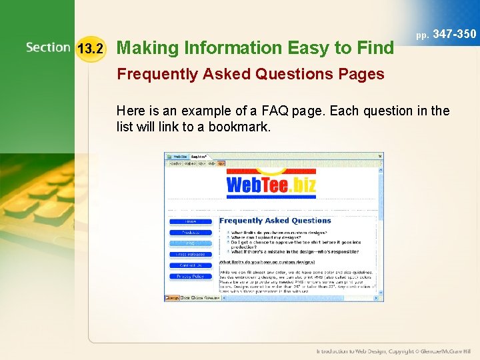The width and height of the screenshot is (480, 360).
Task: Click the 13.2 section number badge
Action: [x=91, y=48]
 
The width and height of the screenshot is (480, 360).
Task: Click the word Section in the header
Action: [x=48, y=47]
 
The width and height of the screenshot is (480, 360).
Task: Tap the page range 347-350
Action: [x=455, y=33]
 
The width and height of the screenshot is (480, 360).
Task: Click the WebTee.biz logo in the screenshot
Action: [x=272, y=183]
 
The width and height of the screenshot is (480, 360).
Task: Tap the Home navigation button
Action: [x=191, y=221]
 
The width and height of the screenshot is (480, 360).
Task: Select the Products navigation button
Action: [x=191, y=233]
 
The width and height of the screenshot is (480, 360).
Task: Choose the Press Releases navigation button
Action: [x=191, y=254]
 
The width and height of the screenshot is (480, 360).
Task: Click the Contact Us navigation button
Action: [x=191, y=265]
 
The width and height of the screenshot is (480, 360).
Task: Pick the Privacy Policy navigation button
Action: [x=191, y=276]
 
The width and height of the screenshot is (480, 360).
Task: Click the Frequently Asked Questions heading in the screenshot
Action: [x=275, y=221]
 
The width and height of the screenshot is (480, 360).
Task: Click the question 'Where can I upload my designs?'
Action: [x=271, y=237]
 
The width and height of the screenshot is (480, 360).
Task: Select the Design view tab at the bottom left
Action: [x=173, y=298]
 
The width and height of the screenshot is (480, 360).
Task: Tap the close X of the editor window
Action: [x=380, y=156]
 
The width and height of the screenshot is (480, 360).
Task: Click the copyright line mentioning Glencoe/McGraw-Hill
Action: [x=394, y=351]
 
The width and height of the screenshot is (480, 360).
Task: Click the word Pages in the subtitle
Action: [x=362, y=74]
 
